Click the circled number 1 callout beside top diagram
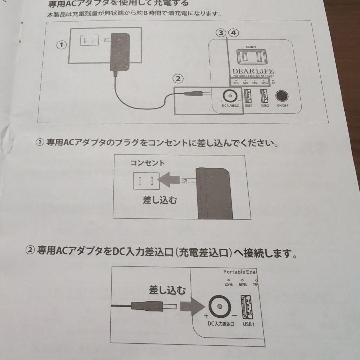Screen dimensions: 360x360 click(x=61, y=45)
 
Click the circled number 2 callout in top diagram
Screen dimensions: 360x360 click(x=178, y=79)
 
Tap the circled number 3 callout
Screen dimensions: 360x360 click(x=220, y=33)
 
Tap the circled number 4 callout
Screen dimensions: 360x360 click(x=234, y=33)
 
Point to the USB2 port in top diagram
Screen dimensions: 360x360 click(x=265, y=96)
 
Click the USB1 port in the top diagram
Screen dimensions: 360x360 click(x=248, y=96)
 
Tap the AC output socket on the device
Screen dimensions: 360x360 click(x=250, y=57)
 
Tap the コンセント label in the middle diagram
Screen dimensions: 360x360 click(x=147, y=163)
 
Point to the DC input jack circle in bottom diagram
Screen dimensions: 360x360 click(x=219, y=306)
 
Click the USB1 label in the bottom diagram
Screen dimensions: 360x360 click(x=248, y=324)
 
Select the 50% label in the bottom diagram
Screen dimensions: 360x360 click(x=243, y=285)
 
